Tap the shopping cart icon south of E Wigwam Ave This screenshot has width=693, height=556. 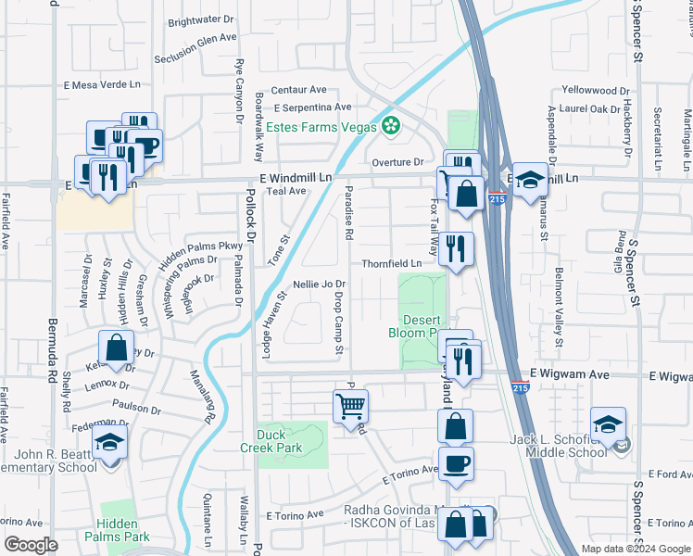(x=351, y=405)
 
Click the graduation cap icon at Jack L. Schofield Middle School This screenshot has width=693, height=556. (x=608, y=423)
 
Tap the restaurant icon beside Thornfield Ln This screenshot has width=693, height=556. (x=455, y=247)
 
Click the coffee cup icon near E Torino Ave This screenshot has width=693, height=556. (x=455, y=462)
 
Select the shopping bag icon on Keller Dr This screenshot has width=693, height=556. (x=118, y=348)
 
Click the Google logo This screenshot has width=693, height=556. (x=31, y=545)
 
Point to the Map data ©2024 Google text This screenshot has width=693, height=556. (x=636, y=549)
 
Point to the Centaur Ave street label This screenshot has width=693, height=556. (x=297, y=90)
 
